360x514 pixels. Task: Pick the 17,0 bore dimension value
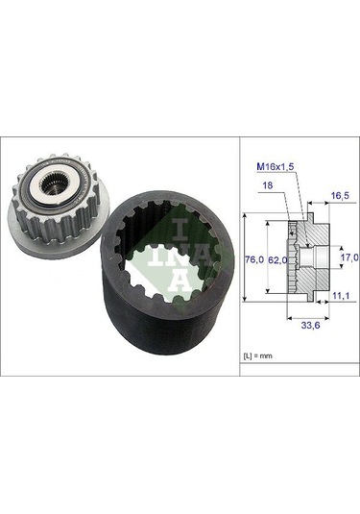click(x=348, y=257)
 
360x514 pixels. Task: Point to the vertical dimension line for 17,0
click(x=334, y=257)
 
